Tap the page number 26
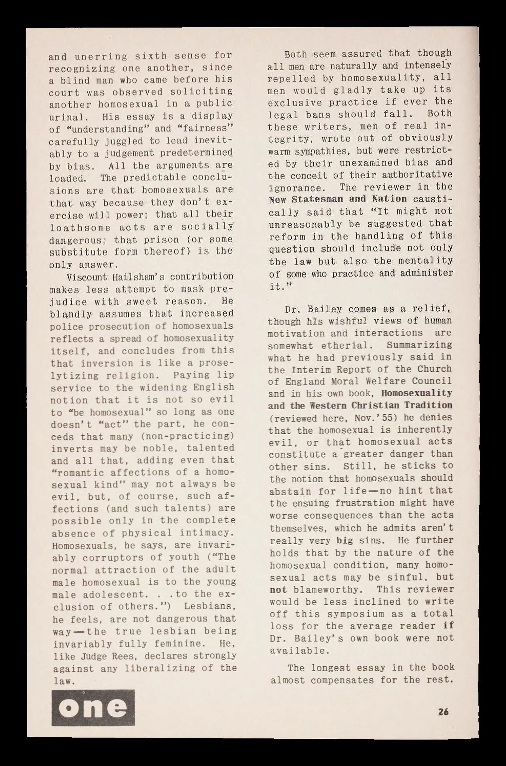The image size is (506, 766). (444, 712)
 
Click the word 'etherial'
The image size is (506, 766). (347, 345)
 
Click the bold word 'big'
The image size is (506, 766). (345, 541)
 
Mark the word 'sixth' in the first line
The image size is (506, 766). (151, 56)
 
